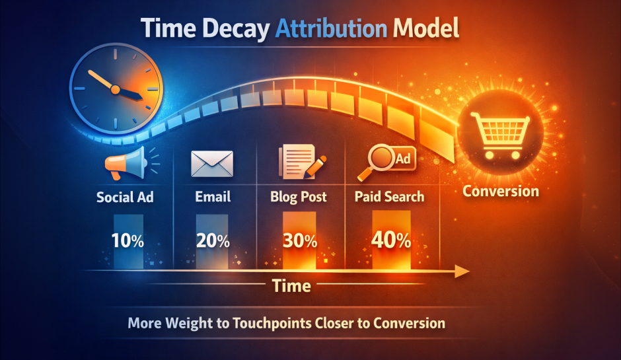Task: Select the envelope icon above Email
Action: pyautogui.click(x=212, y=163)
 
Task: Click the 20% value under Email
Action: pyautogui.click(x=213, y=241)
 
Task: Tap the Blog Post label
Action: pyautogui.click(x=299, y=197)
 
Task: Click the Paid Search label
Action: pyautogui.click(x=389, y=197)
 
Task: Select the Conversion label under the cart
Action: pyautogui.click(x=500, y=192)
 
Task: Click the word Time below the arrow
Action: pyautogui.click(x=291, y=286)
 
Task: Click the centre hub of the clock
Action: pyautogui.click(x=114, y=89)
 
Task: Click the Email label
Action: pyautogui.click(x=213, y=197)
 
